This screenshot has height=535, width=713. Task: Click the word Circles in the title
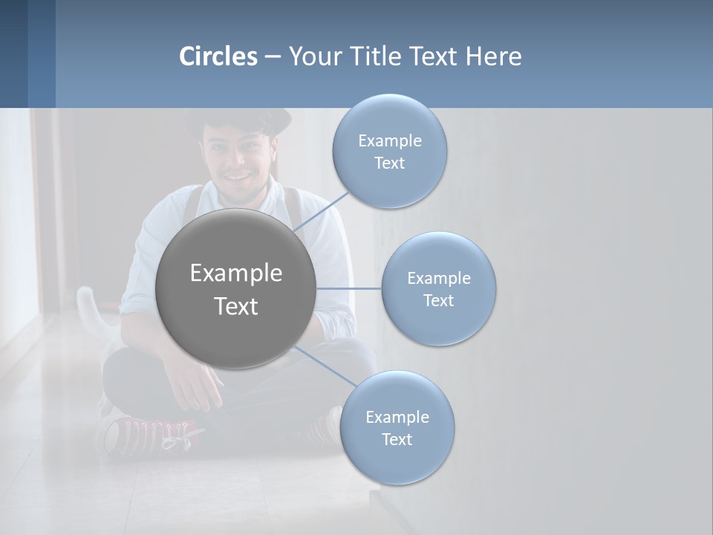(x=218, y=56)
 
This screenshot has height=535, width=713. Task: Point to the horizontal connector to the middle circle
(x=349, y=288)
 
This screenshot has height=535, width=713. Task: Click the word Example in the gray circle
(x=235, y=273)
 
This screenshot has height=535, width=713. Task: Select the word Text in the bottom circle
(x=397, y=439)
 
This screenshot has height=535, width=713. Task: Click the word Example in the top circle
(x=390, y=141)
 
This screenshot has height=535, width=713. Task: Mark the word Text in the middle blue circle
(x=439, y=300)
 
